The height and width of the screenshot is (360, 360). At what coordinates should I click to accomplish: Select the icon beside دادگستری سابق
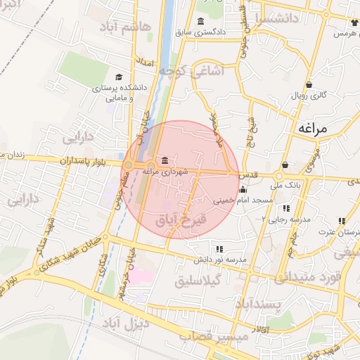[202, 20]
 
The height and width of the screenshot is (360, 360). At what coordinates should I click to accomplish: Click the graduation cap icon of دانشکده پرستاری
[118, 77]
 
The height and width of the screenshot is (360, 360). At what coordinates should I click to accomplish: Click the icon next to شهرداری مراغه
[164, 160]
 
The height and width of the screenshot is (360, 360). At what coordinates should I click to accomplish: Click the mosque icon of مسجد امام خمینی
[243, 189]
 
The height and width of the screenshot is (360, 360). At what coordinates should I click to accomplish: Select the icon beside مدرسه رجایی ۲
[286, 208]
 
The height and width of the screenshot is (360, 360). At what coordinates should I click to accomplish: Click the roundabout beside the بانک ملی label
[279, 175]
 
